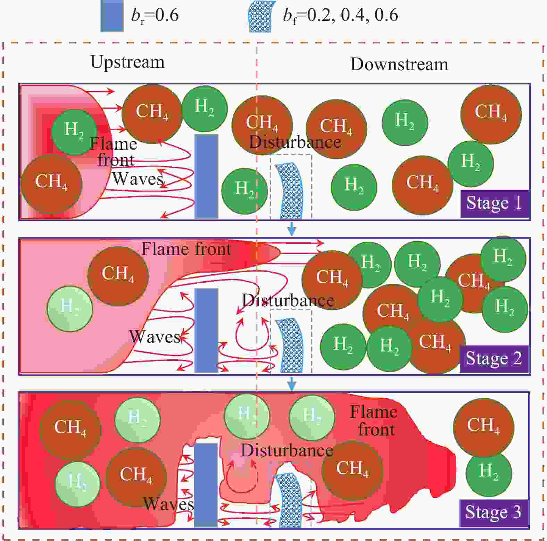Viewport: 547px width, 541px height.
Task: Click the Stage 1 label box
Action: pos(495,203)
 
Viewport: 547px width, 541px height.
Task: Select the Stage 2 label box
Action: pos(494,359)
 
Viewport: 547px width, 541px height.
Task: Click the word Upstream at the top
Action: pos(127,62)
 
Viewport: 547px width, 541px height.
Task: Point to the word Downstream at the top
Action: pos(399,65)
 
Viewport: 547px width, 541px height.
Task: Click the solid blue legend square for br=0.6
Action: pos(112,16)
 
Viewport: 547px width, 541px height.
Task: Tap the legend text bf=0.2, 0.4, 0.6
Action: pos(340,16)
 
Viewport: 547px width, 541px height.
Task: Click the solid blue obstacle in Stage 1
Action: pos(206,176)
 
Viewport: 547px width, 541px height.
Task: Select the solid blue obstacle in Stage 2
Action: pos(206,330)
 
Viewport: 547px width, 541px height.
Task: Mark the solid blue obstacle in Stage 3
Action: pos(206,485)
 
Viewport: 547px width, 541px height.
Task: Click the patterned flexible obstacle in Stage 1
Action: pos(289,191)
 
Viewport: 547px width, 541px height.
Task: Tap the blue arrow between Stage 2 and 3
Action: pos(292,383)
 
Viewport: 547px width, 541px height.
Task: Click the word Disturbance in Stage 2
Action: pos(288,301)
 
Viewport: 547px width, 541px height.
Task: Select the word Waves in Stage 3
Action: pos(169,504)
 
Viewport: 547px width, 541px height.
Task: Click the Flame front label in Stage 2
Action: pos(186,249)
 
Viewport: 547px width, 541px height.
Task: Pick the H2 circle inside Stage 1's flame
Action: pos(74,132)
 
